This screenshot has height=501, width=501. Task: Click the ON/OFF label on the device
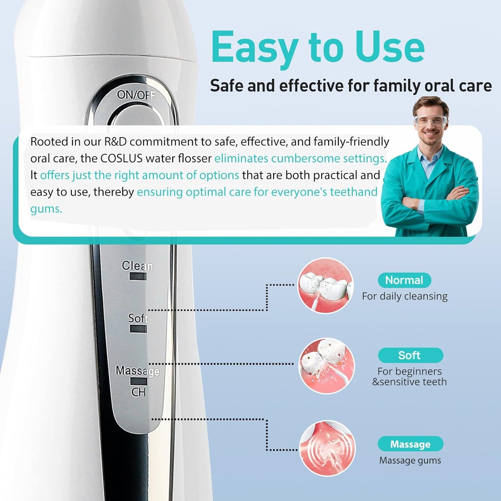pyautogui.click(x=136, y=95)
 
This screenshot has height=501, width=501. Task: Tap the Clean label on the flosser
pyautogui.click(x=137, y=266)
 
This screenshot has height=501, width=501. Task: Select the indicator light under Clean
pyautogui.click(x=138, y=276)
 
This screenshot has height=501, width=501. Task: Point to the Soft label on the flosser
pyautogui.click(x=138, y=318)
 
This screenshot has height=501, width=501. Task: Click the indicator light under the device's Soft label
pyautogui.click(x=138, y=329)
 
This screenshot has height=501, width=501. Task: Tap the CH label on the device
pyautogui.click(x=138, y=392)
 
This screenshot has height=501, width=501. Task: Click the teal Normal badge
pyautogui.click(x=404, y=280)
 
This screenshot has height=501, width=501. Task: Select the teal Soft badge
pyautogui.click(x=410, y=355)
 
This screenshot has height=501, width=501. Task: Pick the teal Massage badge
pyautogui.click(x=410, y=444)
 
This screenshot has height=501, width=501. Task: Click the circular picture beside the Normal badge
pyautogui.click(x=326, y=285)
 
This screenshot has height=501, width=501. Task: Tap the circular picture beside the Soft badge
pyautogui.click(x=327, y=366)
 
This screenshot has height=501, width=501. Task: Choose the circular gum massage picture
pyautogui.click(x=327, y=448)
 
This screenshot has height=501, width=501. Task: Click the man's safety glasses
pyautogui.click(x=430, y=121)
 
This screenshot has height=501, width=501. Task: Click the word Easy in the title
pyautogui.click(x=255, y=47)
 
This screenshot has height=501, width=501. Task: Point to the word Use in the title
pyautogui.click(x=390, y=47)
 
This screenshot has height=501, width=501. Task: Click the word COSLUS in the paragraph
pyautogui.click(x=121, y=158)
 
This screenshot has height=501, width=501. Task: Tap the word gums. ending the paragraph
pyautogui.click(x=46, y=209)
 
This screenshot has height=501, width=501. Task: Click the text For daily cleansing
pyautogui.click(x=405, y=296)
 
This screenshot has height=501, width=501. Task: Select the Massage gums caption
pyautogui.click(x=410, y=460)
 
